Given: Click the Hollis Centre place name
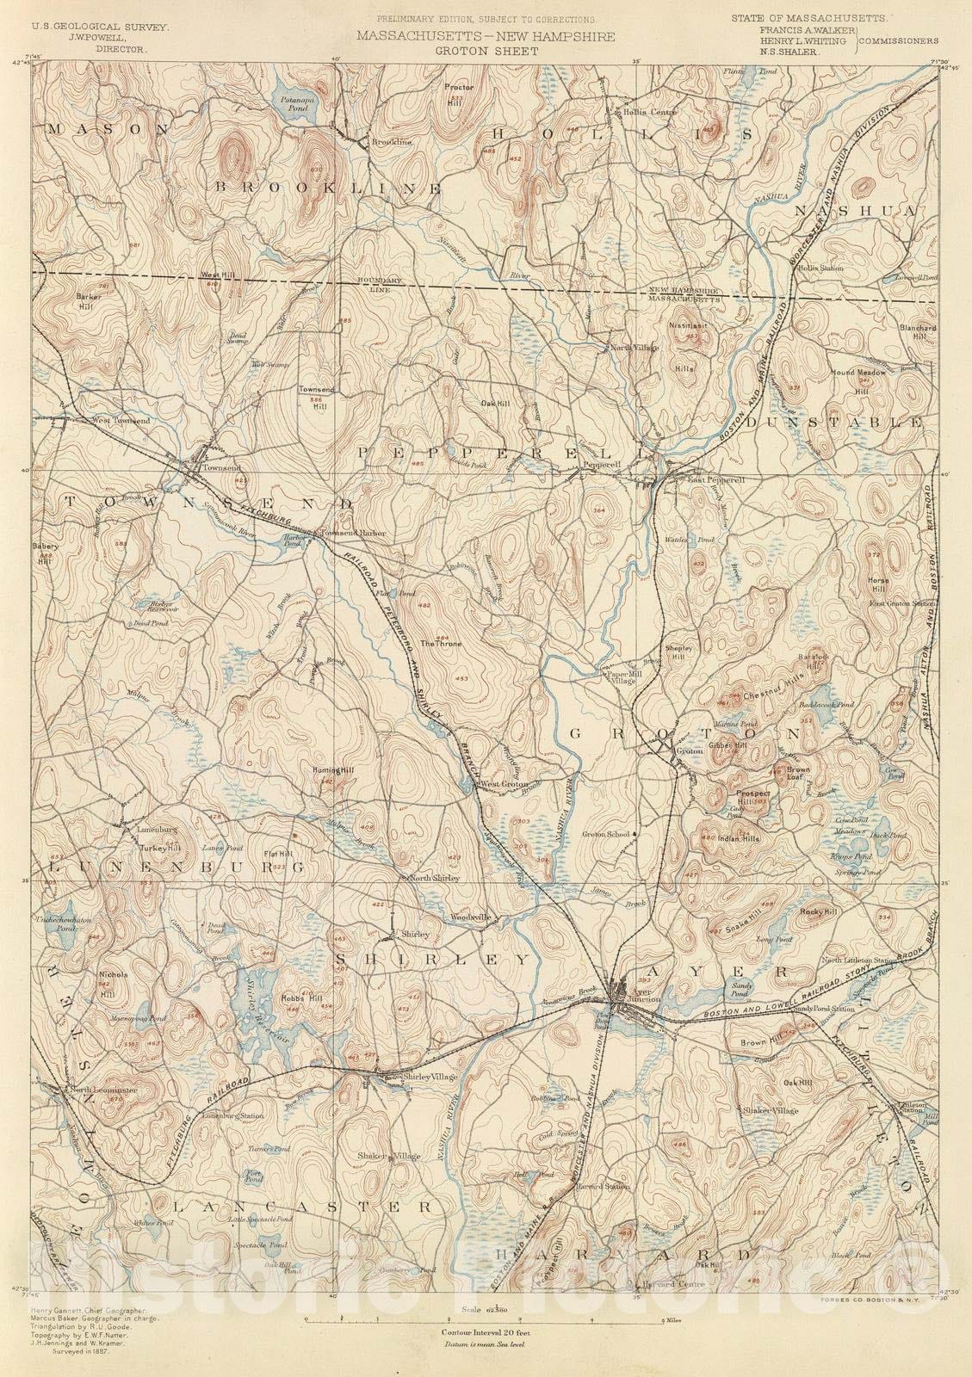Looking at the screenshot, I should [631, 112].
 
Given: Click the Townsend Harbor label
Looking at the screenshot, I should [354, 533].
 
